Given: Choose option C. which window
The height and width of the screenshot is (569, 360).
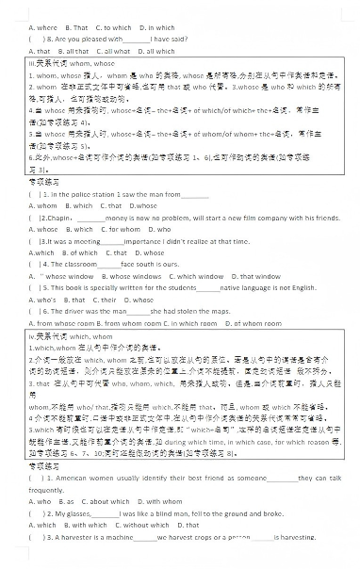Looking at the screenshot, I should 194,276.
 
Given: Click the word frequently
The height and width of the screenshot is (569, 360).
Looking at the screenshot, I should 46,490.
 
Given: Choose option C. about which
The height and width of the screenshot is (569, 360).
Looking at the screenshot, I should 103,501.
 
